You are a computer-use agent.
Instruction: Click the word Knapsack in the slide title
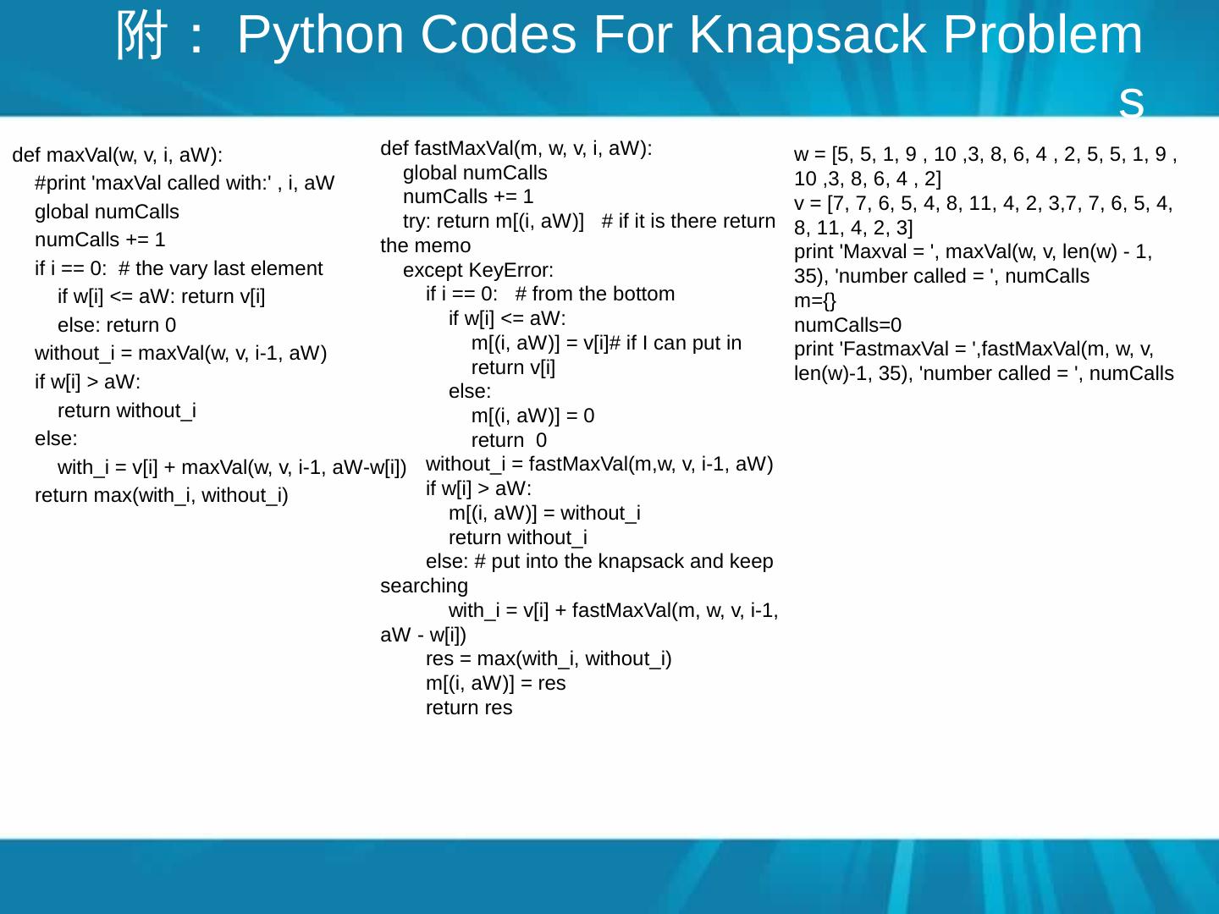808,36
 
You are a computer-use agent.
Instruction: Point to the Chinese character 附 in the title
141,36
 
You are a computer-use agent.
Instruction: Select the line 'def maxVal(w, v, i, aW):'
118,155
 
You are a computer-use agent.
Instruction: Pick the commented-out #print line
185,183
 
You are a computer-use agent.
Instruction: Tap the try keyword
416,221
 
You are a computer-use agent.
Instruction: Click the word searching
424,586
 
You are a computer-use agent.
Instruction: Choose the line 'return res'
469,708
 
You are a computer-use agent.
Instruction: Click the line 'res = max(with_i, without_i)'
549,658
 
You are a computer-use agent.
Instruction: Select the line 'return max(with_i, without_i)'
162,495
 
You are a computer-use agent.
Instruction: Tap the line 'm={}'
815,300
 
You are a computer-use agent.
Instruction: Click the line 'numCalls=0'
847,325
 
